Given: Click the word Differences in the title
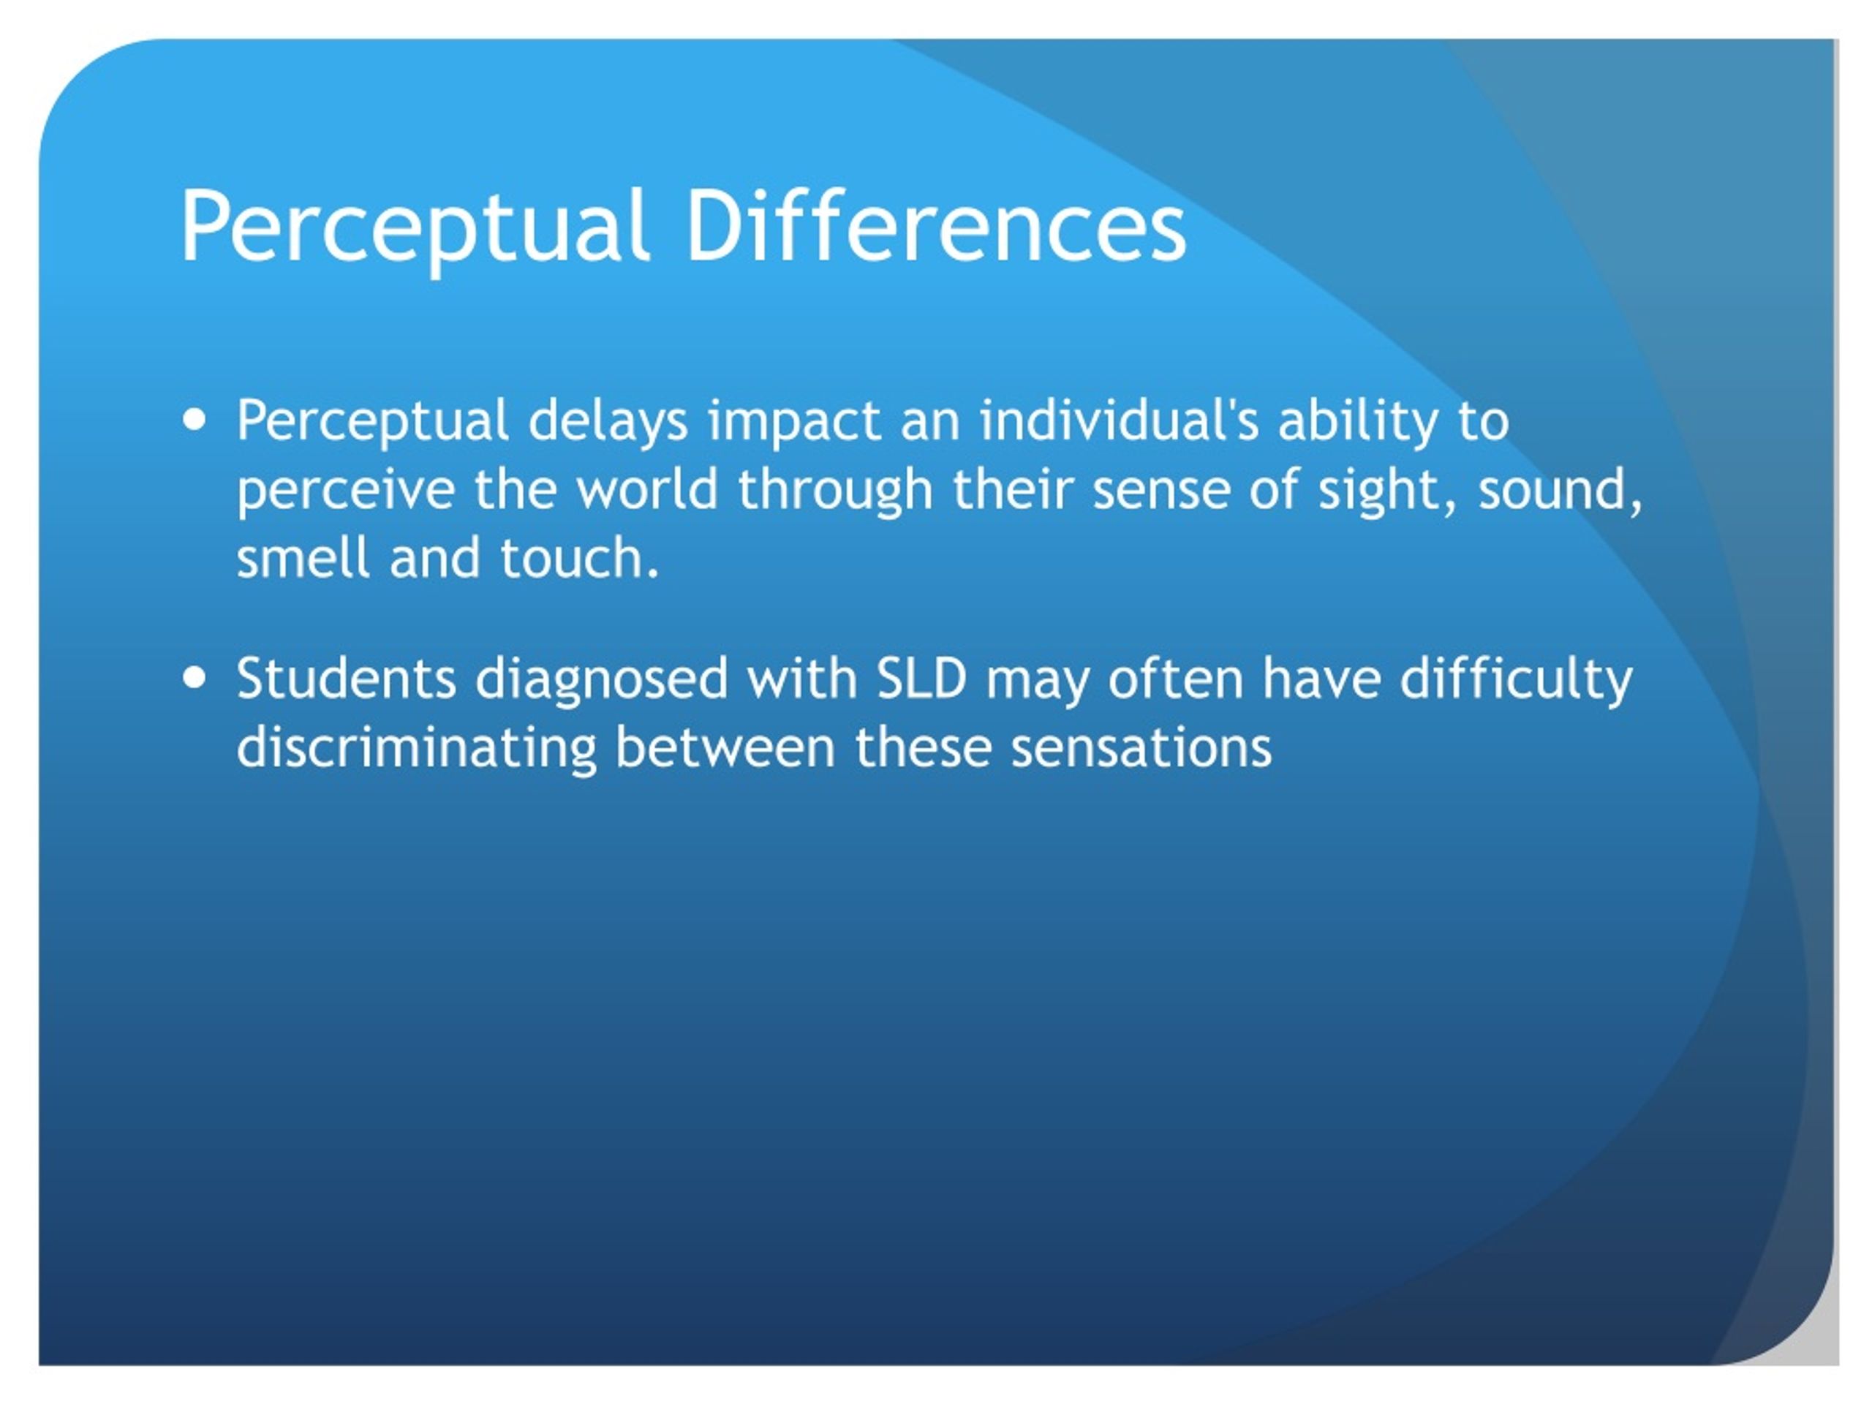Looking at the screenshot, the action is click(x=936, y=225).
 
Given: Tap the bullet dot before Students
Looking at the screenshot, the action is click(x=195, y=677).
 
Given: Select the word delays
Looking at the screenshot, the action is click(x=608, y=420).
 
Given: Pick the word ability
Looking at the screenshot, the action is click(x=1357, y=420).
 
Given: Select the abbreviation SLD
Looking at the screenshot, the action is click(x=921, y=678).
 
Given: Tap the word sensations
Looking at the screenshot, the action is click(x=1141, y=748).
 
